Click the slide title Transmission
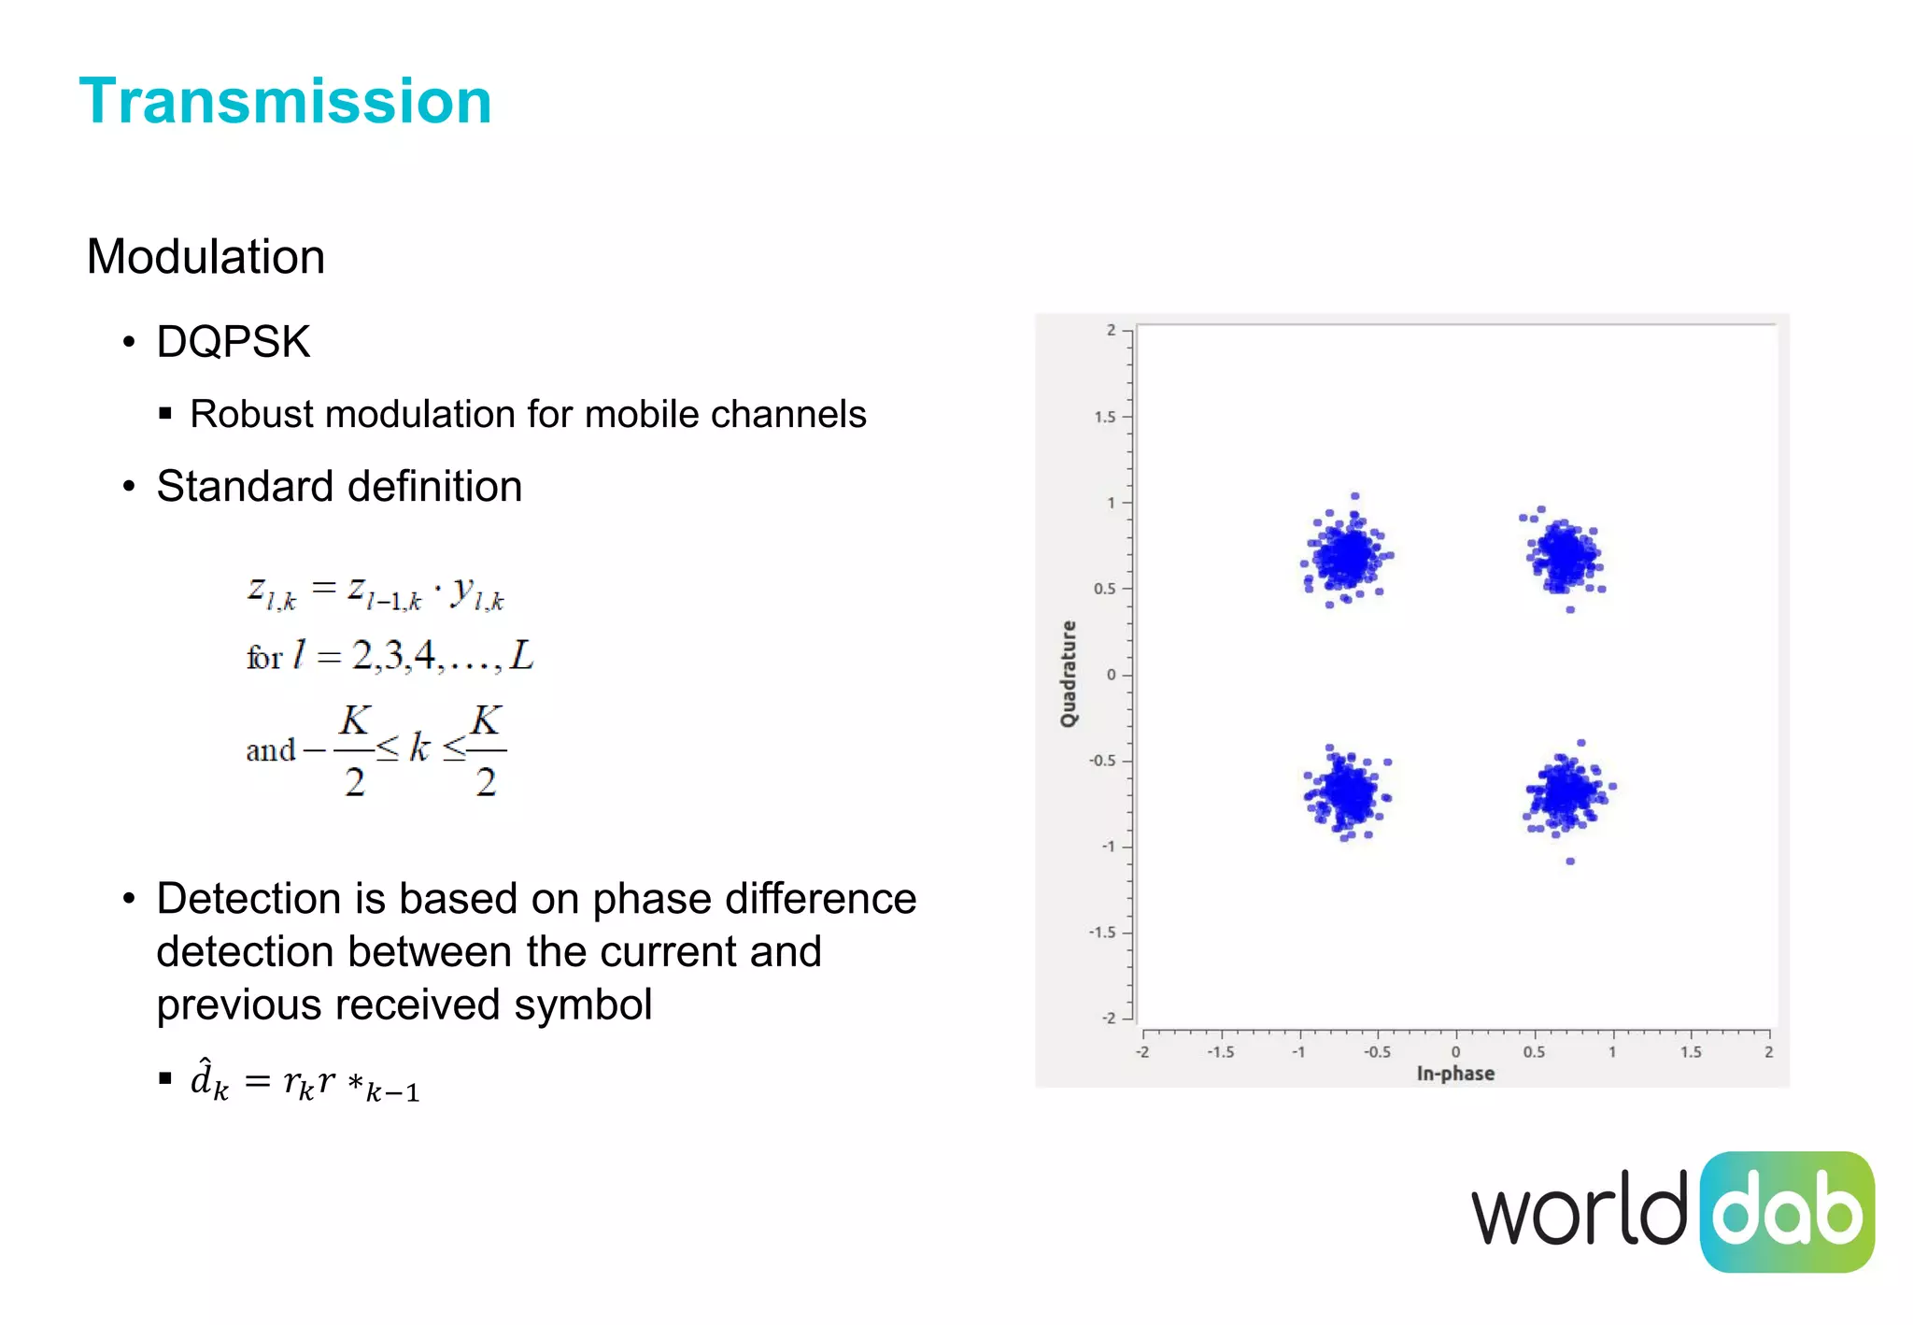click(285, 101)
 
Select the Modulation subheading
click(205, 257)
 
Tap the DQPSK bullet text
click(233, 342)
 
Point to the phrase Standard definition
click(339, 487)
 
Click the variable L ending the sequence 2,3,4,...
click(521, 656)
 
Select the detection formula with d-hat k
click(305, 1082)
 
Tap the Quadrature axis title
click(1068, 674)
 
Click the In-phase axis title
click(1454, 1074)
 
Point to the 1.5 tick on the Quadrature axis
click(1105, 417)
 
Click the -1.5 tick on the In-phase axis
click(1220, 1052)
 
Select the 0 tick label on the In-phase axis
click(1455, 1052)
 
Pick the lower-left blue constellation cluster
click(1348, 795)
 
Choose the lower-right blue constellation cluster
click(1567, 793)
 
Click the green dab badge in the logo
click(1786, 1212)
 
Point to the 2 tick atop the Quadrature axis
click(1111, 330)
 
